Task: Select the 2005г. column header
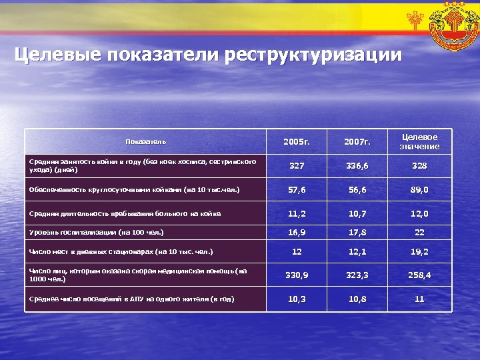tap(297, 142)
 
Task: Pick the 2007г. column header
tap(358, 142)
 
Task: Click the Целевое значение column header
tap(419, 141)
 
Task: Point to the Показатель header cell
tap(146, 141)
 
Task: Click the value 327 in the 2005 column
tap(297, 166)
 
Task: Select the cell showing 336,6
tap(358, 166)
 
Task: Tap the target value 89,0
tap(419, 190)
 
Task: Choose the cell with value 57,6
tap(297, 190)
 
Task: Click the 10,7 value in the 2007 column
tap(358, 214)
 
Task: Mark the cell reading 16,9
tap(297, 233)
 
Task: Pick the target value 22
tap(419, 233)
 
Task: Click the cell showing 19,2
tap(419, 251)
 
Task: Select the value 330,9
tap(297, 274)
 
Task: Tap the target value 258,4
tap(419, 274)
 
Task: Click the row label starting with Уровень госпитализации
tap(97, 233)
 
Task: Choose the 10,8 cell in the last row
tap(358, 299)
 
